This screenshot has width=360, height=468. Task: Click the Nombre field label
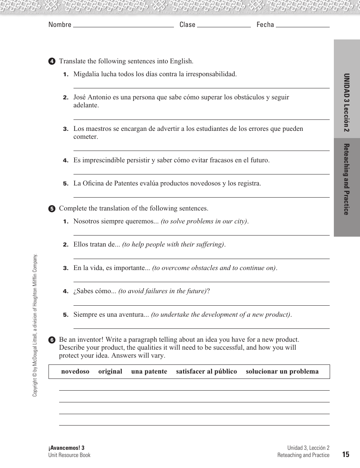pos(60,25)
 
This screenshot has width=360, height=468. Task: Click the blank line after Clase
pos(224,27)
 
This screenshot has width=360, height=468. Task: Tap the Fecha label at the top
pos(265,25)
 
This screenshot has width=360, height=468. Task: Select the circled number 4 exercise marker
pos(52,61)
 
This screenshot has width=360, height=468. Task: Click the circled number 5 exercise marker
pos(52,209)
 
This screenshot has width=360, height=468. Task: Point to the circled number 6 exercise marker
pos(52,340)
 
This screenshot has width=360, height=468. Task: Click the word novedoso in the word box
pos(75,372)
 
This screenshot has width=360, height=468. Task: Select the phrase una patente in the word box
pos(149,372)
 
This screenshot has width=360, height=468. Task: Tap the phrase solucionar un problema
pos(282,372)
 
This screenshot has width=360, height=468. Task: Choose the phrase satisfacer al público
pos(206,372)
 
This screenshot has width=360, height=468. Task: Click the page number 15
pos(345,455)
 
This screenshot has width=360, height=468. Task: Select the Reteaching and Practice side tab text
pos(346,179)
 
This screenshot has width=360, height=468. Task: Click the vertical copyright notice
pos(35,325)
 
